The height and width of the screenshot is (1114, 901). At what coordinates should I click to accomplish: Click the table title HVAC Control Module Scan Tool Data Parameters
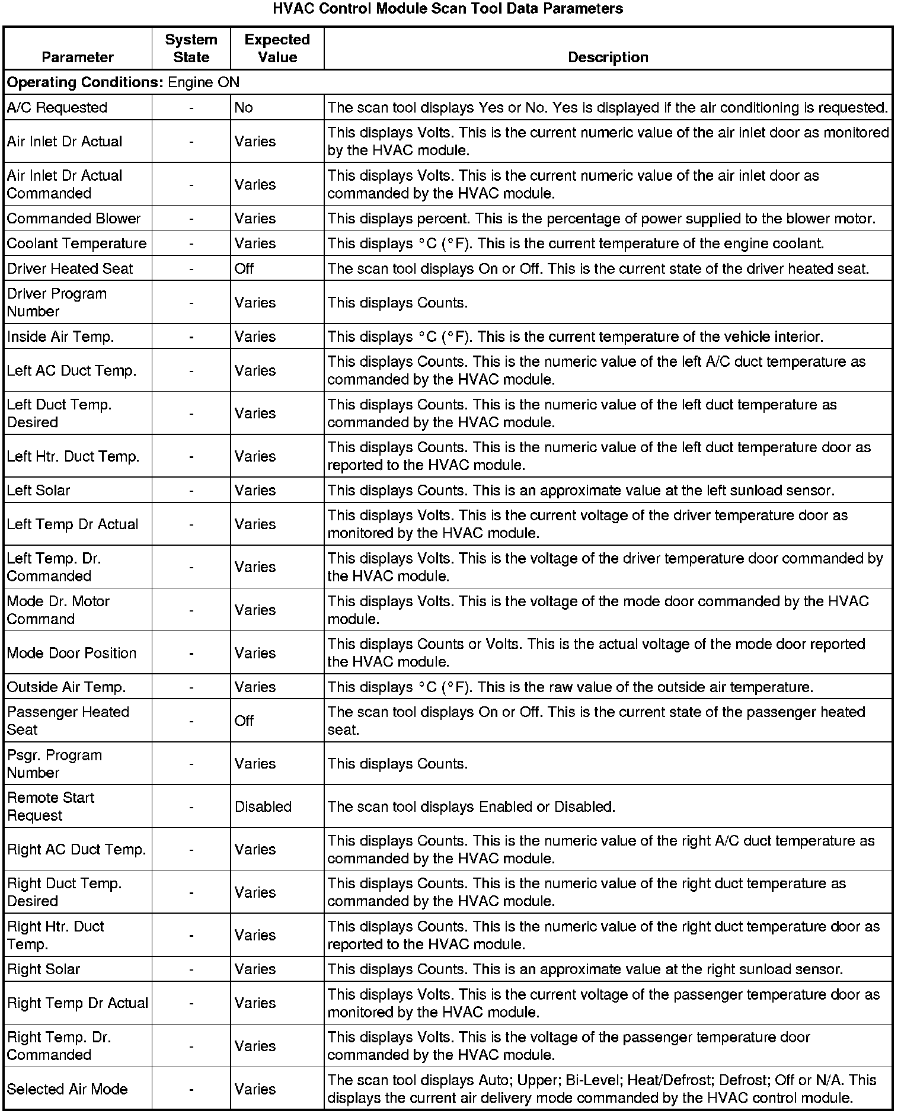pos(448,9)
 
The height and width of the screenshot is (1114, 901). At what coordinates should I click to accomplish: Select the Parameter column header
pos(78,57)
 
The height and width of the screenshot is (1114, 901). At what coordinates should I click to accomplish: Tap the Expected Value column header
pos(277,48)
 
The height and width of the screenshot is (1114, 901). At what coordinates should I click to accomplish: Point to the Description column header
pos(608,57)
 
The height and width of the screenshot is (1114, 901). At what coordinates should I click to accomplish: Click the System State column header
pos(191,48)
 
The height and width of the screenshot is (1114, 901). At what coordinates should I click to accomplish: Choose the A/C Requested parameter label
pos(57,107)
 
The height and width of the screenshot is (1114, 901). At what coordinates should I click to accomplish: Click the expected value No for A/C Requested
pos(244,107)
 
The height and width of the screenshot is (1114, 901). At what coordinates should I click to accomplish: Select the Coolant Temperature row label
pos(76,243)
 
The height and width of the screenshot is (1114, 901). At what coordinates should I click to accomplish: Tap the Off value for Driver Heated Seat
pos(244,268)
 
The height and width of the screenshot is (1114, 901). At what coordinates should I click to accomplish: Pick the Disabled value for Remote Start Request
pos(263,806)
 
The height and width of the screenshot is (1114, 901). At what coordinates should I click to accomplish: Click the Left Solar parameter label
pos(39,490)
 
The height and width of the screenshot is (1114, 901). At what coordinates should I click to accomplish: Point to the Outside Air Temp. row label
pos(66,687)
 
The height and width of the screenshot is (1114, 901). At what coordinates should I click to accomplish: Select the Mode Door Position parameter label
pos(72,652)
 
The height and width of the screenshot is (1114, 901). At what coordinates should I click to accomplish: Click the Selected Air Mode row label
pos(68,1089)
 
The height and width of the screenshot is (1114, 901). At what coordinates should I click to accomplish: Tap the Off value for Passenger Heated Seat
pos(244,721)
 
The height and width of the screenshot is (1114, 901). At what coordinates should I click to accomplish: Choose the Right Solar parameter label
pos(43,969)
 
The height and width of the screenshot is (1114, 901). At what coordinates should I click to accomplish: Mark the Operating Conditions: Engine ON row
pos(123,82)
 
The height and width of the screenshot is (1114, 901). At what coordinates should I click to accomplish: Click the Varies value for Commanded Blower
pos(255,218)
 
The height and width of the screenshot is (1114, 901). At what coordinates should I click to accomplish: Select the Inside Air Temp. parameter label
pos(60,337)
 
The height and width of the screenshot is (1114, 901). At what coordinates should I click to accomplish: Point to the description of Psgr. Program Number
pos(397,763)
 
